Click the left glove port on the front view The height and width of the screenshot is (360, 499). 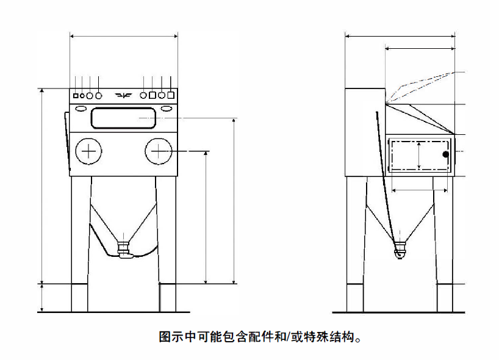(89, 151)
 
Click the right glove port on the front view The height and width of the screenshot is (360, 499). (159, 151)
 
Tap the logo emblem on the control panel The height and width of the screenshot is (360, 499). (124, 95)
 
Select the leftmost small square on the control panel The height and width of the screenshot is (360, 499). (76, 96)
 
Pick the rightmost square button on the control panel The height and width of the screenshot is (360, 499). (171, 95)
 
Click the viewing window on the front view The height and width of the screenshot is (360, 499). (123, 117)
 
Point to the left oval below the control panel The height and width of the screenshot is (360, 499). (81, 108)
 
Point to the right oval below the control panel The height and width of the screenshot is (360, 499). (166, 108)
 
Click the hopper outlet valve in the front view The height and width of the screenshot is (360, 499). (124, 248)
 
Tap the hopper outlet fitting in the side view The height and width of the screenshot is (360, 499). (400, 250)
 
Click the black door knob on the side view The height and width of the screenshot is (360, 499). (446, 154)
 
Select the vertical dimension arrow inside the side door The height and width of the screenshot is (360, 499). (419, 155)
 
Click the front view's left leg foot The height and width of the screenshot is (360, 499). (81, 299)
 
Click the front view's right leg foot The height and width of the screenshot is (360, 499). (168, 299)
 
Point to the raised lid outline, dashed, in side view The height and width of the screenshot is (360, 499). (421, 82)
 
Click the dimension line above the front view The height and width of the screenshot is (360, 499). (124, 37)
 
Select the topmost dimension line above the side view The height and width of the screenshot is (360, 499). (400, 37)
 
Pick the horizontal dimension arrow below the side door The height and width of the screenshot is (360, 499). (419, 190)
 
